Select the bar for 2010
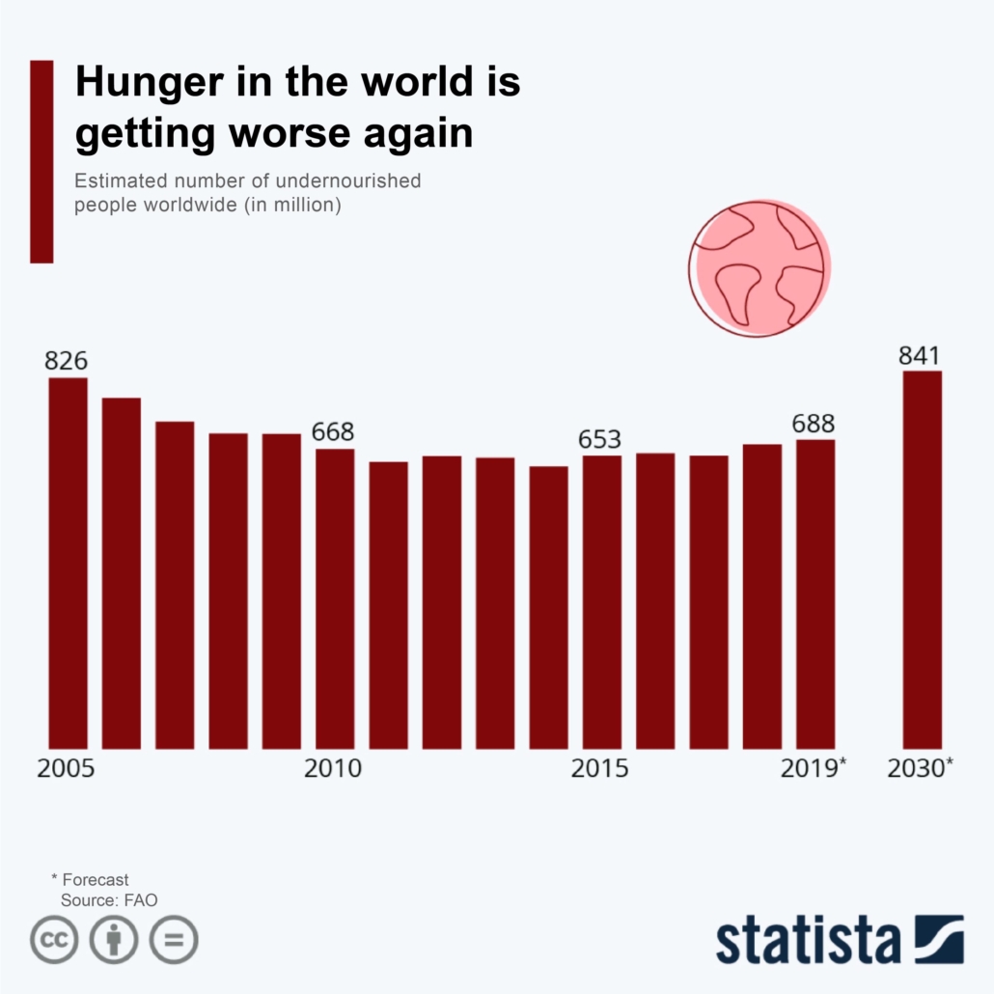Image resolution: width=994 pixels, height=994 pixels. coord(335,598)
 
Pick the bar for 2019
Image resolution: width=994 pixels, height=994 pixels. coord(815,594)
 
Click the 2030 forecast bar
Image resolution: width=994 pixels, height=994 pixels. coord(922,560)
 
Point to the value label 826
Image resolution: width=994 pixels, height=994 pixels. coord(67,361)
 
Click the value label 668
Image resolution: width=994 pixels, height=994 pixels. coord(333,431)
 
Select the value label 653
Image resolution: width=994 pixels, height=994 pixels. coord(599,439)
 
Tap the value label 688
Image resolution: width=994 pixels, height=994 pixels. coord(814,423)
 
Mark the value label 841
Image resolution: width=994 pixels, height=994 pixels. coord(920,355)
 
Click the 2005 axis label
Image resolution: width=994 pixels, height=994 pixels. coord(66,769)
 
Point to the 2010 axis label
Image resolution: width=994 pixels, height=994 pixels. coord(333,769)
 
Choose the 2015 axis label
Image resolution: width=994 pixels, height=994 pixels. coord(599,769)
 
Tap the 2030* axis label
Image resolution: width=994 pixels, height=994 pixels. coord(921,769)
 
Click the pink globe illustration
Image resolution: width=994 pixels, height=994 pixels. coord(759,267)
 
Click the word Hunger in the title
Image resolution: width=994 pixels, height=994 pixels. coord(142,83)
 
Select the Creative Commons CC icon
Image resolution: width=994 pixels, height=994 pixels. coord(54,939)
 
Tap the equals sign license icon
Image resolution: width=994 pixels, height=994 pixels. coord(174,939)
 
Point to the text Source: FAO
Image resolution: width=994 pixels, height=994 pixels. coord(109,899)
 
